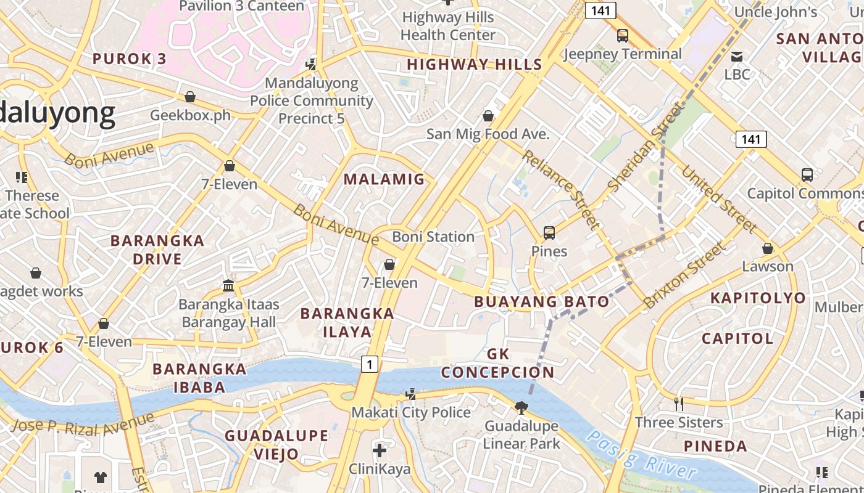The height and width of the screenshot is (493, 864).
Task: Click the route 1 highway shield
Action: click(369, 364)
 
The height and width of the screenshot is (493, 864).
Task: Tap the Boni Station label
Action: click(433, 237)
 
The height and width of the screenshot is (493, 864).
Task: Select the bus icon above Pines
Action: click(549, 233)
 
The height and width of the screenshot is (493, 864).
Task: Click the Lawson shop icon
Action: click(768, 248)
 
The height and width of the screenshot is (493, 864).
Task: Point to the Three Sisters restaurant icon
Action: click(679, 404)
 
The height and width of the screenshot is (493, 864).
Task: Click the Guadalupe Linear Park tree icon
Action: click(521, 407)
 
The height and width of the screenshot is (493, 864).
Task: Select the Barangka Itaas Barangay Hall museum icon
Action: click(229, 286)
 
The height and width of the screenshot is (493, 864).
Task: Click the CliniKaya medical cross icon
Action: click(380, 450)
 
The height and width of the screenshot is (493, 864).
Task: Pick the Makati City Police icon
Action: click(410, 394)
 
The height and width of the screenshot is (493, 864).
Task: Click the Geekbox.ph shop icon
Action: click(190, 97)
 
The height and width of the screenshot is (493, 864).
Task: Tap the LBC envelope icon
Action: click(737, 57)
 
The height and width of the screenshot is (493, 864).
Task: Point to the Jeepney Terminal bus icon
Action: click(622, 36)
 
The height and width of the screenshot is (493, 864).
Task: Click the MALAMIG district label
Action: click(384, 179)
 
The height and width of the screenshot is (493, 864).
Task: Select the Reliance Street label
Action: click(560, 189)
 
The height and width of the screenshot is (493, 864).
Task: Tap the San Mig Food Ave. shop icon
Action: click(488, 116)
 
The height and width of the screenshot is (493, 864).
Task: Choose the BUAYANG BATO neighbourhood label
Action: click(541, 302)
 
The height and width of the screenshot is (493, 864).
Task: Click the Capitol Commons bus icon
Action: click(807, 175)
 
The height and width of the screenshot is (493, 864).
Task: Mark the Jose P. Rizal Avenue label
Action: click(82, 423)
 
